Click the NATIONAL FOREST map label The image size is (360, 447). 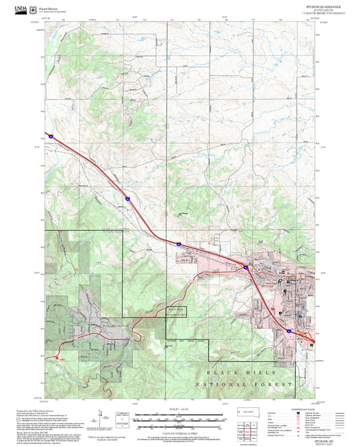click(247, 384)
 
